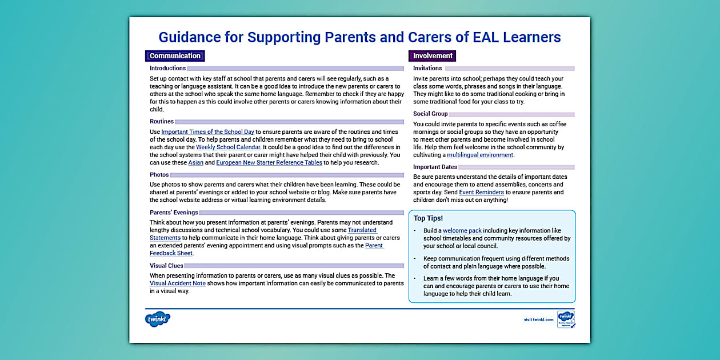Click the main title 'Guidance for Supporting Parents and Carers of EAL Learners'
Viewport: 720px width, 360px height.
pyautogui.click(x=359, y=37)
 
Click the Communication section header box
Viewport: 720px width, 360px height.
pyautogui.click(x=175, y=56)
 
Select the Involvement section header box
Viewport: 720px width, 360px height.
pyautogui.click(x=433, y=56)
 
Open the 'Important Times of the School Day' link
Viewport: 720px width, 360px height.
pyautogui.click(x=207, y=132)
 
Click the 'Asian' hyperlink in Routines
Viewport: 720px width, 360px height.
pyautogui.click(x=195, y=163)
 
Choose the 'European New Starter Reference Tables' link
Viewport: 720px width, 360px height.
pyautogui.click(x=269, y=163)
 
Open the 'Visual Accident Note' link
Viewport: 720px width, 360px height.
pyautogui.click(x=178, y=283)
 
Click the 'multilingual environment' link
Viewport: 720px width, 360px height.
pyautogui.click(x=480, y=155)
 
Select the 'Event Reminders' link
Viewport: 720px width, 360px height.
pyautogui.click(x=481, y=193)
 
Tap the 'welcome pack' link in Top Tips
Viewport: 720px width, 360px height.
pyautogui.click(x=462, y=231)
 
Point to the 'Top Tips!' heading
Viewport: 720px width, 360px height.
pyautogui.click(x=428, y=218)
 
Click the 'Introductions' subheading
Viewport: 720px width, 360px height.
pyautogui.click(x=167, y=69)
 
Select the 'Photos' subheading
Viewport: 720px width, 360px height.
pyautogui.click(x=159, y=175)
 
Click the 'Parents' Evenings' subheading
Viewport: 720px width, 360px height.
pyautogui.click(x=174, y=213)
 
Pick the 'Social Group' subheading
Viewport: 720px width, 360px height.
pyautogui.click(x=430, y=114)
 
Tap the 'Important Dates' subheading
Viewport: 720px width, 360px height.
pyautogui.click(x=435, y=167)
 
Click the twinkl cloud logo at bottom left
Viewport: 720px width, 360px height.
pyautogui.click(x=158, y=319)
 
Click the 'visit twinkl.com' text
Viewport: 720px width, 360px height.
pyautogui.click(x=538, y=319)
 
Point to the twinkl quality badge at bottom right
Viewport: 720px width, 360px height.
pyautogui.click(x=566, y=319)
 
